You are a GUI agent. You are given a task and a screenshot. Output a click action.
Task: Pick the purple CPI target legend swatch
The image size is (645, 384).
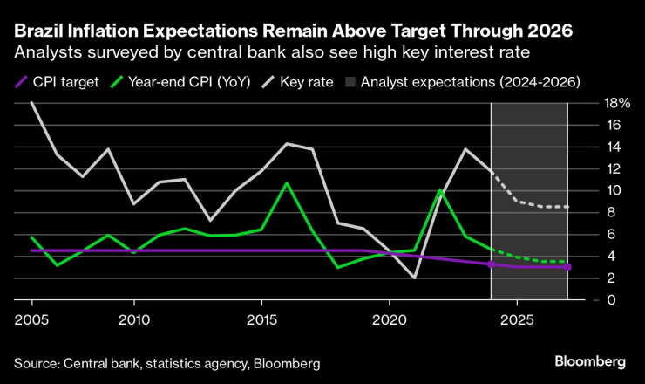(x=21, y=83)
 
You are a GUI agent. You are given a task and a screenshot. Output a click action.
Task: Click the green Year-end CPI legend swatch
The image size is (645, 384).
(x=115, y=83)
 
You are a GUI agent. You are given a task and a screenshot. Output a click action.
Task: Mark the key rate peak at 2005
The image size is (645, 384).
(x=32, y=103)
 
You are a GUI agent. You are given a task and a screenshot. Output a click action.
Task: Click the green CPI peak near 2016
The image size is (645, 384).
(x=287, y=182)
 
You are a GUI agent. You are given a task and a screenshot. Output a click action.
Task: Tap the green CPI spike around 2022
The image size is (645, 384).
(x=440, y=189)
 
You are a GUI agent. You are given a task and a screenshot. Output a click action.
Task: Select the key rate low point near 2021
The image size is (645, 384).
(x=415, y=278)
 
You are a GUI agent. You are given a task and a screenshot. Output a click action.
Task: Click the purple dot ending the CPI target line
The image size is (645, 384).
(x=567, y=267)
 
